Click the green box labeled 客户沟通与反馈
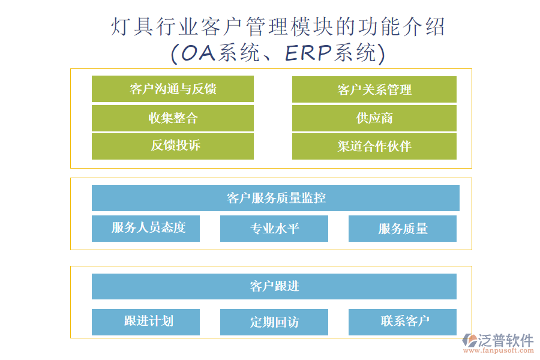pos(173,89)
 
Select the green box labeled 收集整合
pos(173,118)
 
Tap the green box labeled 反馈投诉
pos(173,146)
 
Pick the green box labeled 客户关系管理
pos(374,89)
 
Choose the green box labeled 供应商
pos(374,118)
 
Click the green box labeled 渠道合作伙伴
pos(374,146)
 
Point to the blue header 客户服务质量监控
pos(275,198)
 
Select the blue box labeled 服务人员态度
pos(146,228)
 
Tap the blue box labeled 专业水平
pos(274,229)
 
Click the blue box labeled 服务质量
pos(403,229)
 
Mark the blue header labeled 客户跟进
pos(274,286)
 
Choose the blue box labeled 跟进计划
pos(146,322)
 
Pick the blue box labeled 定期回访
pos(274,322)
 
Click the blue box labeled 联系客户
pos(403,322)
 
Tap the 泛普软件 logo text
pos(506,340)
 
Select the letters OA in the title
pos(199,53)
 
